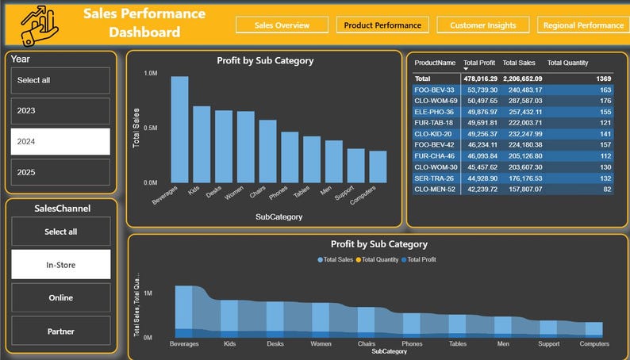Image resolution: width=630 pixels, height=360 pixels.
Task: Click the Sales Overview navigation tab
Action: tap(282, 25)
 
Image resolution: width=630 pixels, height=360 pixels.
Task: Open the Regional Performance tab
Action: tap(583, 25)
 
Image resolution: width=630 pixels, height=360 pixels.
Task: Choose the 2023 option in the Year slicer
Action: tap(60, 111)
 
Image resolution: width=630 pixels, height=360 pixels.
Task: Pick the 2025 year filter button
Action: tap(60, 172)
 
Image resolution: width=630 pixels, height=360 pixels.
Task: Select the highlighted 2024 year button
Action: tap(60, 141)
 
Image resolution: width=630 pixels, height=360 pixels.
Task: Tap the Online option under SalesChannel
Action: tap(60, 298)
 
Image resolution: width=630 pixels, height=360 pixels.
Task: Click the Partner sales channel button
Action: tap(60, 331)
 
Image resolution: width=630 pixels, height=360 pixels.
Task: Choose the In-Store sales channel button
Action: tap(60, 265)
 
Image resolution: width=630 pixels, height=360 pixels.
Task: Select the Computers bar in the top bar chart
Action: tap(378, 167)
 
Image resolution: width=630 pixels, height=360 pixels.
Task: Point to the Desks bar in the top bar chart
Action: tap(224, 147)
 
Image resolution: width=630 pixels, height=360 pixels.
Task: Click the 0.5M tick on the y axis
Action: tap(149, 128)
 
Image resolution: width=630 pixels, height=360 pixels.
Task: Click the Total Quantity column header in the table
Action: tap(567, 63)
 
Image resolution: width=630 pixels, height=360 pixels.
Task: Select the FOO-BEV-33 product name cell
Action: tap(435, 90)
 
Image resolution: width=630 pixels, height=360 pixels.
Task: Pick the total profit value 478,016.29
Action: tap(480, 79)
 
